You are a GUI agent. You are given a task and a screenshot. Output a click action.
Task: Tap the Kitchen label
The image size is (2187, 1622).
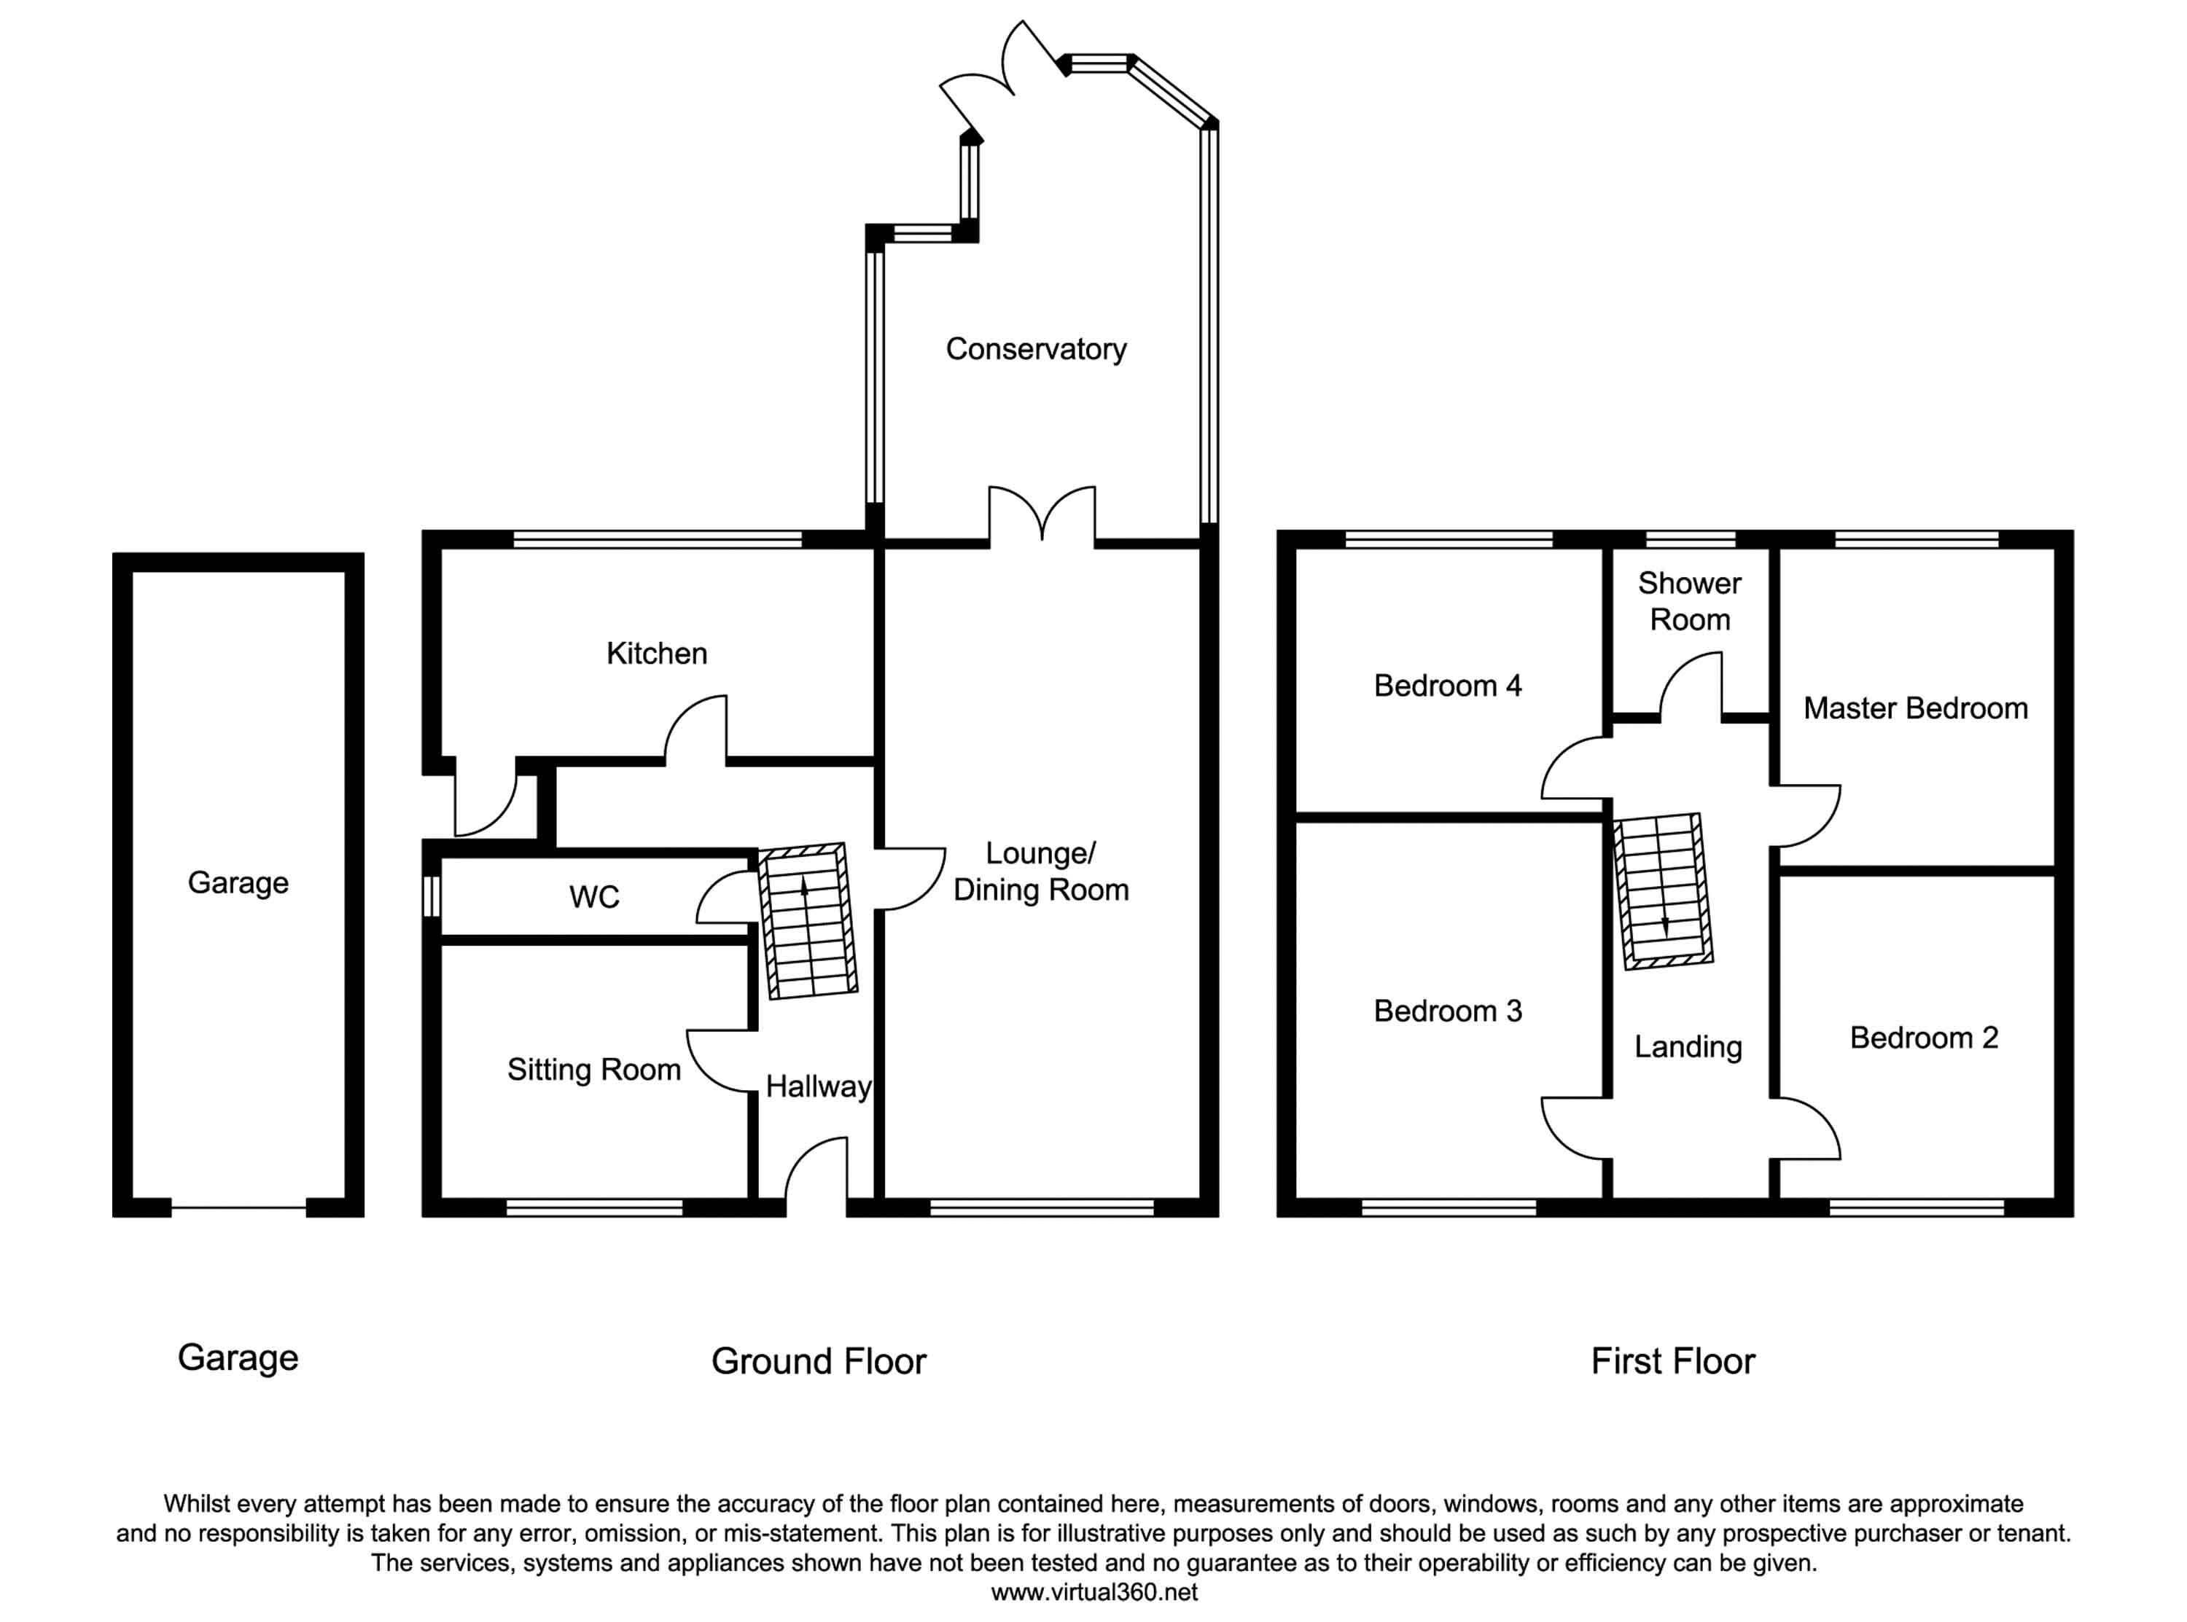click(x=656, y=653)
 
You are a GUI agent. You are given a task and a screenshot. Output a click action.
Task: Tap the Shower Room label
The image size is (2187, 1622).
click(x=1689, y=601)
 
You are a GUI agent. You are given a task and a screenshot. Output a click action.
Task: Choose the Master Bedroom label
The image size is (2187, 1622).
click(x=1915, y=708)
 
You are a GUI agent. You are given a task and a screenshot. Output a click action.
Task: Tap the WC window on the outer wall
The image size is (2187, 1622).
click(x=431, y=896)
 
